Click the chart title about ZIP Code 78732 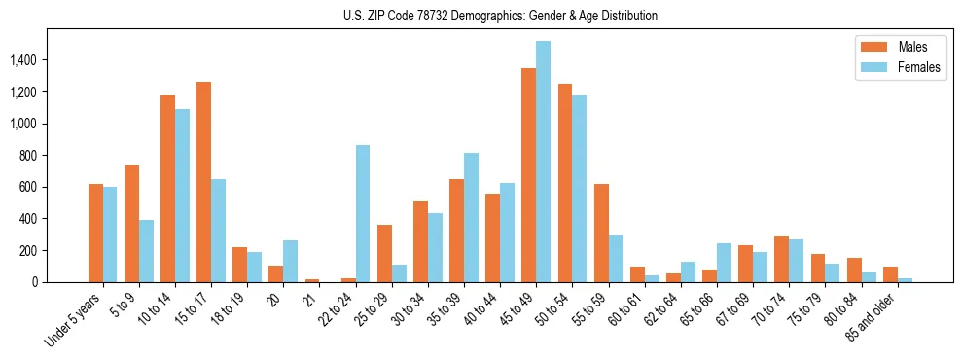point(500,16)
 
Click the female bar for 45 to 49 point(543,162)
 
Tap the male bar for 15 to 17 point(203,182)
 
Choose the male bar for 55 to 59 point(601,234)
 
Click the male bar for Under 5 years point(95,234)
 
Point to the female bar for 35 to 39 point(471,218)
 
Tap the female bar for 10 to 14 point(182,196)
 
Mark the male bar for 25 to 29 point(384,254)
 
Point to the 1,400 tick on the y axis point(35,60)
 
